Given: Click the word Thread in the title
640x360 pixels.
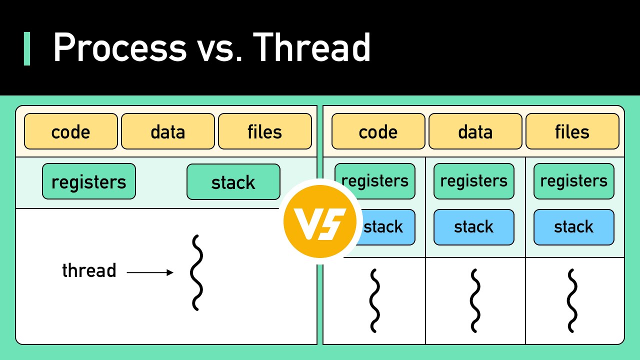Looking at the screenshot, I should (312, 47).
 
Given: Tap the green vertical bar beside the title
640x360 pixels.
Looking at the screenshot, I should (27, 48).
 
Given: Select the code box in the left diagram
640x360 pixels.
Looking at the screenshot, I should (71, 131).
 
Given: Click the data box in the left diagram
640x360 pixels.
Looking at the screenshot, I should (168, 131).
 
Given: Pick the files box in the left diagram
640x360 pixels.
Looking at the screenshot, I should (265, 131).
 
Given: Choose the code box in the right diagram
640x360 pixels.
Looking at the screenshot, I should (378, 131).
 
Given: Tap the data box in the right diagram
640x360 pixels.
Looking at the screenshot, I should (475, 131).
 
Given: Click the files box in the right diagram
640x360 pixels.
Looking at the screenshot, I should (572, 131).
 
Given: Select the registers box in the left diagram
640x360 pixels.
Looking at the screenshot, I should (89, 181).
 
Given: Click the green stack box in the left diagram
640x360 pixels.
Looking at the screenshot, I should (233, 182).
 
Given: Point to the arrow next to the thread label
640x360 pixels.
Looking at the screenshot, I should (150, 272).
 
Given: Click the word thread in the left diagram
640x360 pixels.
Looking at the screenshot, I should (89, 270).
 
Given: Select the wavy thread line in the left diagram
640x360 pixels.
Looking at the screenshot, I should (196, 272).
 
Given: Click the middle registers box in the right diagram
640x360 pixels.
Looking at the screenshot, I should (474, 181).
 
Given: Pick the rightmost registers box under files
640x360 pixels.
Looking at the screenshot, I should (574, 181).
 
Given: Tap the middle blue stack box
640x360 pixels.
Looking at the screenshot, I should (474, 227).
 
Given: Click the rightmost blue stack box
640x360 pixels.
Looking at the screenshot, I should (574, 227).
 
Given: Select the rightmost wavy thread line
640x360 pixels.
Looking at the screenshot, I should (572, 300).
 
